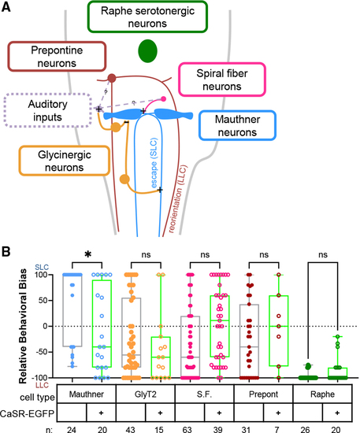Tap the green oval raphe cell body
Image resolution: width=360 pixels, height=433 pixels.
pos(147,51)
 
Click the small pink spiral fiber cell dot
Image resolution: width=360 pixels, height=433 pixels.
pos(163,98)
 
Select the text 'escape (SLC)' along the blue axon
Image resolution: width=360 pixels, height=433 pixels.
pos(154,163)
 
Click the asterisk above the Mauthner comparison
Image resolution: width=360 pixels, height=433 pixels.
pos(87,254)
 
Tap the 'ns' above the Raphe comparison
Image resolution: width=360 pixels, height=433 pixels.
pos(323,254)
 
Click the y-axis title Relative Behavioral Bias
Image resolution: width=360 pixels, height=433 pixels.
pos(23,326)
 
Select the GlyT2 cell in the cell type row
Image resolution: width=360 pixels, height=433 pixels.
pos(145,394)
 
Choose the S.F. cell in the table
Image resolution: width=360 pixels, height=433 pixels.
pos(205,394)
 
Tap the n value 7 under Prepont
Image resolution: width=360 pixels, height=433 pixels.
pos(276,429)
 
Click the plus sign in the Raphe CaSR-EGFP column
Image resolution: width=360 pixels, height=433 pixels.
pos(337,413)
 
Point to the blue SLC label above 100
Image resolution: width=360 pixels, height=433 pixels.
pos(42,268)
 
